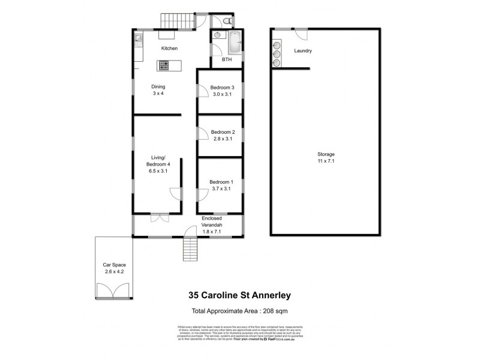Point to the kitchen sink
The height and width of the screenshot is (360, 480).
(x=138, y=40)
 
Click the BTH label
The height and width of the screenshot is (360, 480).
(x=227, y=60)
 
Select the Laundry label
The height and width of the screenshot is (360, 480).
(x=302, y=51)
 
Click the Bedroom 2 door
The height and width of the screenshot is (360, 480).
(x=202, y=133)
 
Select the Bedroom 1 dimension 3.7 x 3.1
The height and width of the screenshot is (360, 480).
(x=220, y=189)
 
